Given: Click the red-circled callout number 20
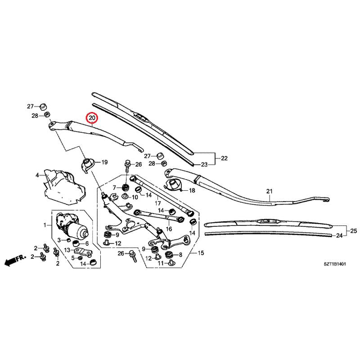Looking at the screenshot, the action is click(x=92, y=118).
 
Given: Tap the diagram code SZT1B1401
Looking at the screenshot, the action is click(x=334, y=264).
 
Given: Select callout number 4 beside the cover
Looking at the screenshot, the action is click(x=37, y=175).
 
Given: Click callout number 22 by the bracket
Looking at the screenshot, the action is click(x=224, y=158).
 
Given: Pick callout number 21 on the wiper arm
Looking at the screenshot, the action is click(x=269, y=191).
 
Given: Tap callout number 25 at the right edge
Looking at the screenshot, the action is click(x=354, y=231).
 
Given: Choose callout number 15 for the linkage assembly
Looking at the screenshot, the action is click(x=201, y=253).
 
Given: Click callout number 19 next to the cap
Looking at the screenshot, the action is click(x=104, y=162).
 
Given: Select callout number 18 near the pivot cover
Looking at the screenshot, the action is click(x=192, y=190).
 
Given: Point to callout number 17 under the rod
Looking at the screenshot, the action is click(x=158, y=203).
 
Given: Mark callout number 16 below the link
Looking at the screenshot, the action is click(x=169, y=229).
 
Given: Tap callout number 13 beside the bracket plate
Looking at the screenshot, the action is click(x=67, y=250).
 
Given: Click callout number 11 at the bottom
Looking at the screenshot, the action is click(x=161, y=263).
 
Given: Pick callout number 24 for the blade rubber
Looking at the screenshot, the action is click(x=339, y=235).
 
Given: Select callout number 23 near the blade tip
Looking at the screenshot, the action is click(x=204, y=164).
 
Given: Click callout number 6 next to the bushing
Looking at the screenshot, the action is click(x=87, y=243).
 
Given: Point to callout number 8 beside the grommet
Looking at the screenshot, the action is click(x=180, y=255).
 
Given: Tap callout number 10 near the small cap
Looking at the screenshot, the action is click(x=135, y=197).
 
